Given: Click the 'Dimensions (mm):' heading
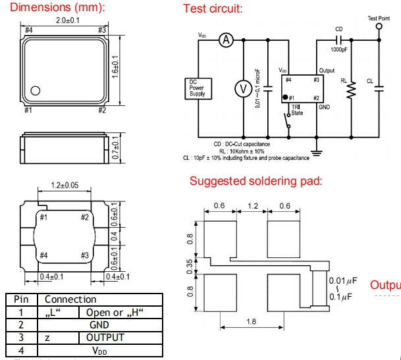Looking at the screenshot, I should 57,9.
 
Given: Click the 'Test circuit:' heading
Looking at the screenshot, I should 213,9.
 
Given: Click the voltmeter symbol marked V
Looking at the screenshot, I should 243,88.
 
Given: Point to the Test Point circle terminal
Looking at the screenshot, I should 379,28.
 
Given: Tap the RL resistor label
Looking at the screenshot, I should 344,81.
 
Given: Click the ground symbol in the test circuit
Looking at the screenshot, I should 318,152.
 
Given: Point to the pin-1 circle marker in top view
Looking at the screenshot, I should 36,90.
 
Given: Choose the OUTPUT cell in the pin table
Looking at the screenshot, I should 105,338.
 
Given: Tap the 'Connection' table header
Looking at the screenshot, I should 67,299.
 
